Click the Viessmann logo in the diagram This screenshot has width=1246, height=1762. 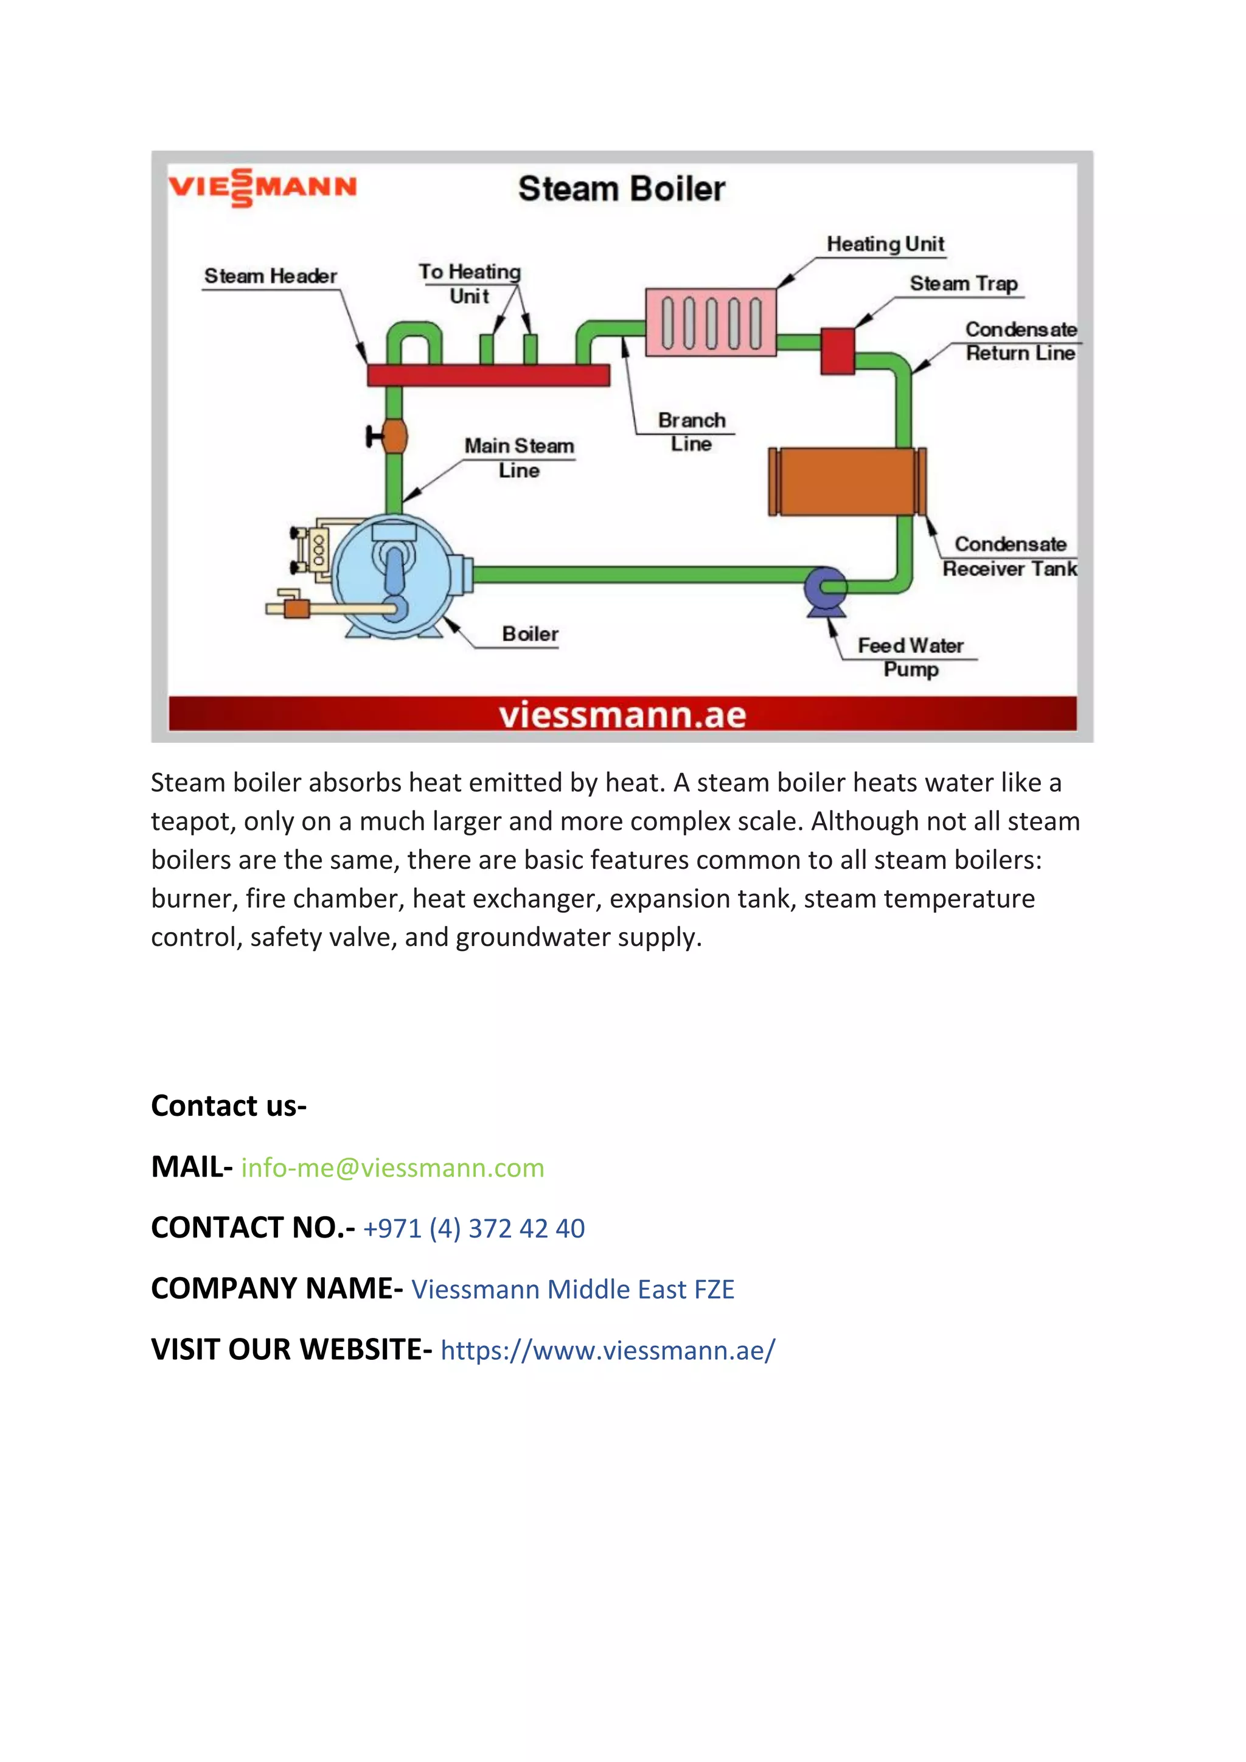coord(262,187)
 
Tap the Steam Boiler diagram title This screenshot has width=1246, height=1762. coord(621,189)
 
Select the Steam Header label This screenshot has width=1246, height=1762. coord(270,276)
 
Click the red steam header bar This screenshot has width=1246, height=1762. coord(488,375)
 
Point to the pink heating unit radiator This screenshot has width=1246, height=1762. coord(711,322)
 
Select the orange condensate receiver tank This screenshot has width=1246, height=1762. coord(847,481)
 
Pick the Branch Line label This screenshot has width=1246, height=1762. coord(691,432)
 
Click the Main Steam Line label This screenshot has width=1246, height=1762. coord(520,458)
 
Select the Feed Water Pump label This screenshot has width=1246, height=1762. coord(911,657)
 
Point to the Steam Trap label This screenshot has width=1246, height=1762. coord(964,284)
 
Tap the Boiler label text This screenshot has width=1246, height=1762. coord(530,634)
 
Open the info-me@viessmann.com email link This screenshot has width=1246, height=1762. coord(393,1168)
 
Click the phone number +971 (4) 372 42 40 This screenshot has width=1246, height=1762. coord(473,1228)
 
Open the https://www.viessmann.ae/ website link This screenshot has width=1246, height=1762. coord(608,1350)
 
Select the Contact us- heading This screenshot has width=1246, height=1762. coord(229,1106)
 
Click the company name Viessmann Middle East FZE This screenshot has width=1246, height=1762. coord(573,1289)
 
